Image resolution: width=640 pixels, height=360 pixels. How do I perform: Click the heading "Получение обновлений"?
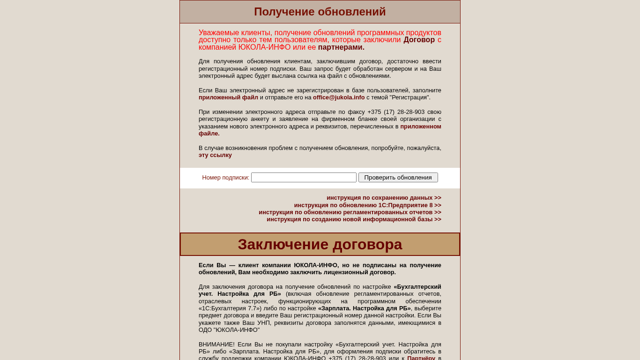click(x=320, y=12)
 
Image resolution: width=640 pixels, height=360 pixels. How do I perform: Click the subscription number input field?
click(x=304, y=178)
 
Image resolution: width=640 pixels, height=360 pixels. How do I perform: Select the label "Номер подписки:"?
click(x=225, y=178)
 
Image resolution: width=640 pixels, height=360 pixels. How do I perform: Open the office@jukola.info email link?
click(x=339, y=97)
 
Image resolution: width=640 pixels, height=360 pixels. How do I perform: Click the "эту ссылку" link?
click(x=215, y=155)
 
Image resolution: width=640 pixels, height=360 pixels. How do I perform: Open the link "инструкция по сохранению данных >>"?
click(x=384, y=198)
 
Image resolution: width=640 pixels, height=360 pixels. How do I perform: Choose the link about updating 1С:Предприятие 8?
click(x=367, y=205)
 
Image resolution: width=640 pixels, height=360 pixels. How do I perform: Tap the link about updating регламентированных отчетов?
click(x=350, y=212)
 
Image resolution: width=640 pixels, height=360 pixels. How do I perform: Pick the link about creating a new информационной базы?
click(x=354, y=219)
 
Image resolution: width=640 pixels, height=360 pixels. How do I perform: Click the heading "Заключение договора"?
click(x=320, y=244)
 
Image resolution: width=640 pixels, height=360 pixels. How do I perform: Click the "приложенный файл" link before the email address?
click(x=228, y=97)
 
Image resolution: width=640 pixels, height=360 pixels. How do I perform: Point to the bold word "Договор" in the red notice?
click(x=419, y=40)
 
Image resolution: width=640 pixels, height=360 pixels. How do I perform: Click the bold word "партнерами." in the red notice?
click(x=341, y=47)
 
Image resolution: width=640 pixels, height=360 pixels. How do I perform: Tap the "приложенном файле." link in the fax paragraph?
click(x=420, y=127)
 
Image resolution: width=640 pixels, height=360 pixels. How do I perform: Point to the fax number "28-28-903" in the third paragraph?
click(x=411, y=112)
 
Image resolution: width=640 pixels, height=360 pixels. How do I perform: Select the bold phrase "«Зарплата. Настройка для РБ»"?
click(x=364, y=308)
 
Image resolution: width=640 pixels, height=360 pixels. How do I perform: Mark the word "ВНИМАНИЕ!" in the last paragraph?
click(x=216, y=345)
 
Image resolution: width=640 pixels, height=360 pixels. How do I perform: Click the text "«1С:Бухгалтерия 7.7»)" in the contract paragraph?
click(x=230, y=308)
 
